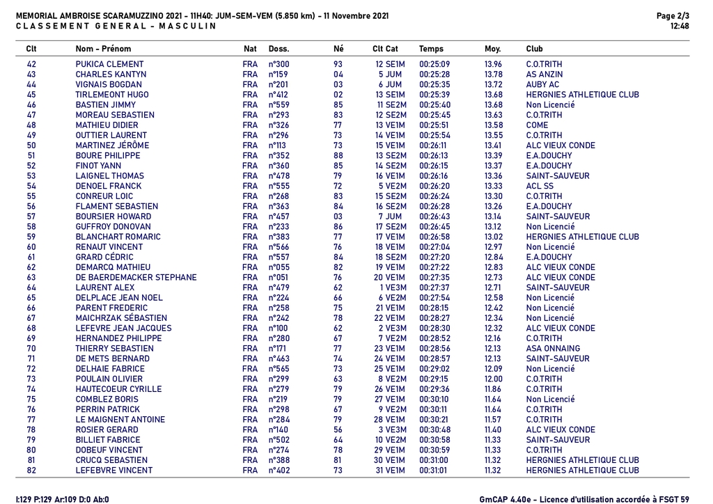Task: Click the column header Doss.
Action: (279, 49)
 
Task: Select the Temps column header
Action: (431, 49)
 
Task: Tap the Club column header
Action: (535, 49)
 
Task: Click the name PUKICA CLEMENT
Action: (109, 64)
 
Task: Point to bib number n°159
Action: (279, 74)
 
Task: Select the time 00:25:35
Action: (434, 84)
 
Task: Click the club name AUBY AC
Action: (542, 84)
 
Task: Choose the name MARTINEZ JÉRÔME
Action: (112, 145)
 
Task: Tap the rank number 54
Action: (31, 186)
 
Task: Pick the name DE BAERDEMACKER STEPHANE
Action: (136, 277)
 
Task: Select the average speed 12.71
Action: (492, 288)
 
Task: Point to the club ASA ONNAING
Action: (553, 348)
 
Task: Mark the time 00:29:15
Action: (434, 379)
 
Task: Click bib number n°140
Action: (279, 430)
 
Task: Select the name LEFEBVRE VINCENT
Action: (113, 470)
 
